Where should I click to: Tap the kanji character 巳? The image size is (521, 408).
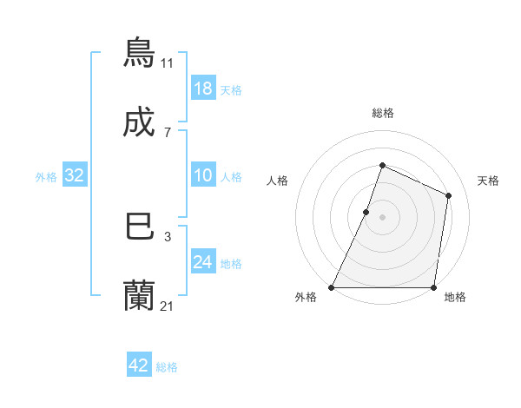point(139,226)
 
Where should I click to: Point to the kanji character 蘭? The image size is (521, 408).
point(139,296)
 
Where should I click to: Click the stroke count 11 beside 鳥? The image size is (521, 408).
point(167,63)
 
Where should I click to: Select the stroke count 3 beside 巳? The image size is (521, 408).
point(167,236)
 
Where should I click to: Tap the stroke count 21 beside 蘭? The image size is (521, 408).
point(167,306)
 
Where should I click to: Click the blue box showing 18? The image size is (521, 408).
point(203,89)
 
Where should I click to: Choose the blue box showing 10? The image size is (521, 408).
point(203,175)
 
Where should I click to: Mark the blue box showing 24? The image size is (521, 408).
point(203,262)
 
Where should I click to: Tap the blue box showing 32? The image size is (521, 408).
point(75,175)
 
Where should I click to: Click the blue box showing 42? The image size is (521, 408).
point(139,365)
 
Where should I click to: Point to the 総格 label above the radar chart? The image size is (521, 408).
point(383,113)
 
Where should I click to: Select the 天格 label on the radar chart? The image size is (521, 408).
point(488,181)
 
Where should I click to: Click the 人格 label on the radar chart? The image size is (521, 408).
point(278,181)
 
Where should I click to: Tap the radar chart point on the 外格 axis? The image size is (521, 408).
point(332,287)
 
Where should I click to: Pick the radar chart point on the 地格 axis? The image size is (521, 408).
point(433,287)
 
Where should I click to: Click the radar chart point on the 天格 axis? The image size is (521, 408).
point(449,195)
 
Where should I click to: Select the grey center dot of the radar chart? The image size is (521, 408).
point(383,216)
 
